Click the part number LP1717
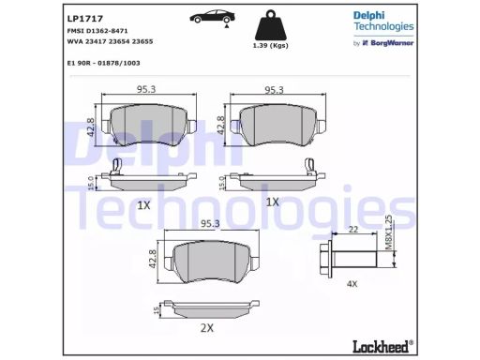pyautogui.click(x=85, y=19)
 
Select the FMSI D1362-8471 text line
pyautogui.click(x=97, y=31)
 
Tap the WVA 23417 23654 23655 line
pyautogui.click(x=110, y=41)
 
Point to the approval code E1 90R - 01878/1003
pyautogui.click(x=103, y=63)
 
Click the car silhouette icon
pyautogui.click(x=213, y=17)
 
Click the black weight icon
pyautogui.click(x=270, y=25)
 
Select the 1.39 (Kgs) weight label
pyautogui.click(x=270, y=46)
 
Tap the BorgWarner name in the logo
pyautogui.click(x=392, y=43)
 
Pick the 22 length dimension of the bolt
pyautogui.click(x=353, y=230)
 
